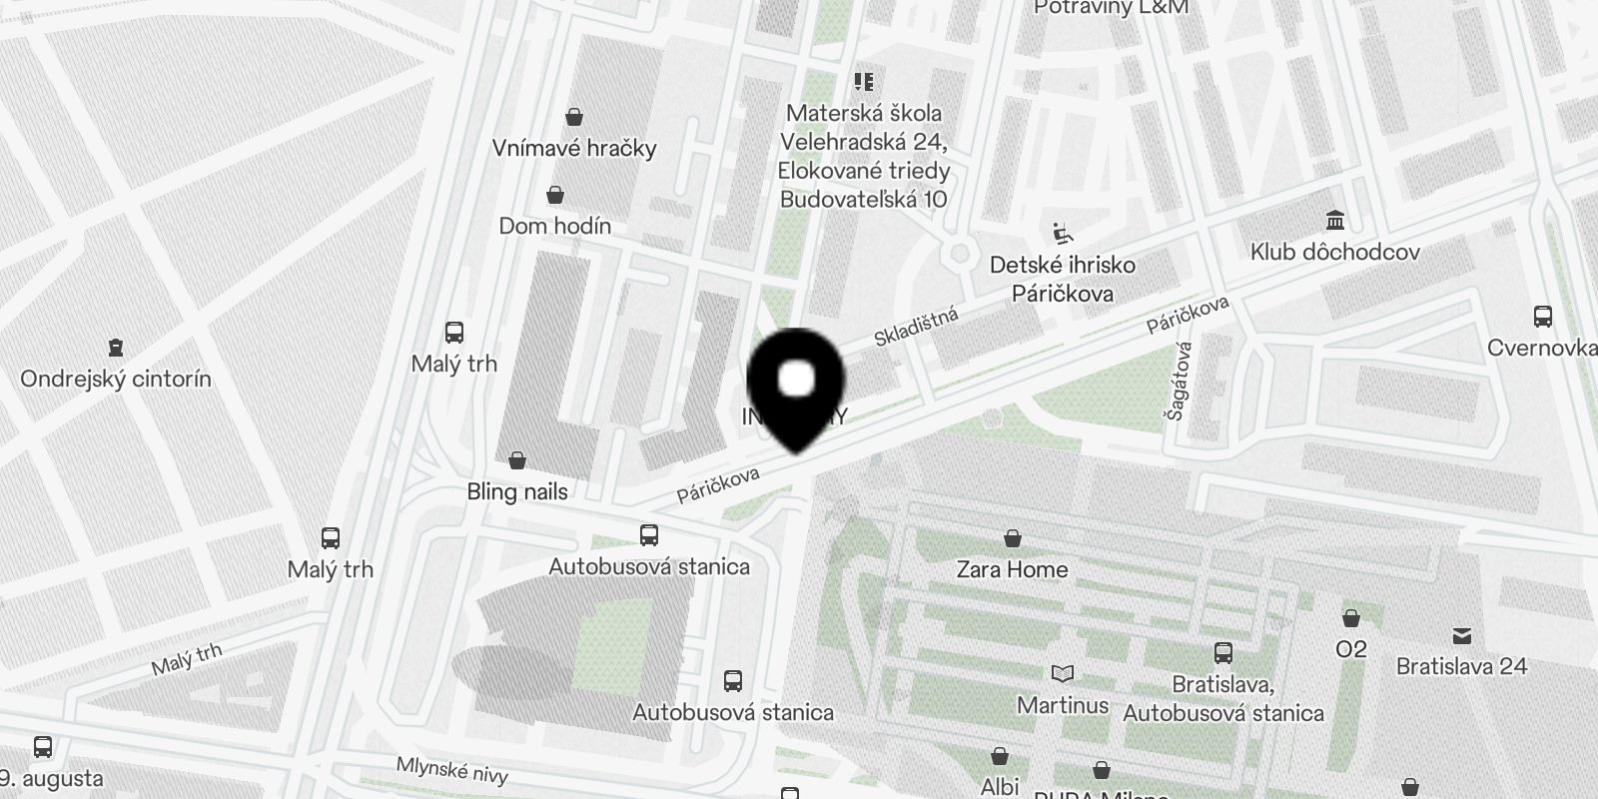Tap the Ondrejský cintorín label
[116, 379]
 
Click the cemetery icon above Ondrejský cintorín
[116, 348]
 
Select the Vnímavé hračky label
[574, 148]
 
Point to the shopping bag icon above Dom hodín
[555, 195]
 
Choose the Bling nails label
[517, 491]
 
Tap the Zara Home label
[1012, 569]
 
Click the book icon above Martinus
[1063, 674]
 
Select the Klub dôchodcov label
[1334, 252]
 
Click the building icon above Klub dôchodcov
[1334, 220]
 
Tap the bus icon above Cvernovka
[1543, 317]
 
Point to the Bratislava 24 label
[1461, 665]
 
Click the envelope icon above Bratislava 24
[1462, 635]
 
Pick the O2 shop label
[1350, 649]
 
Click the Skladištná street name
[916, 328]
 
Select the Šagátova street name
[1182, 381]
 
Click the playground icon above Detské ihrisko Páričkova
[1063, 235]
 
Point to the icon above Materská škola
[864, 82]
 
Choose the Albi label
[1000, 786]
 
